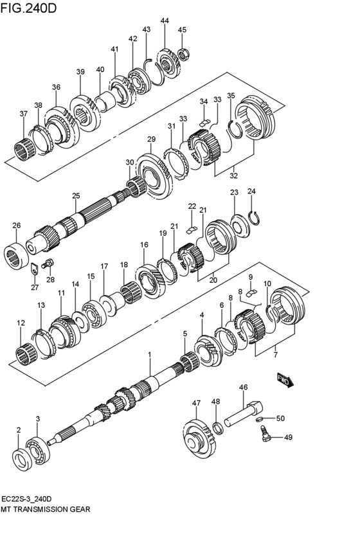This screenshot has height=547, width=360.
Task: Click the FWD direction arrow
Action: pos(285,380)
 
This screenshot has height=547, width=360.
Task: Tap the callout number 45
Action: pos(182,30)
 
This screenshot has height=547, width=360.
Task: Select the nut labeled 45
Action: pos(183,54)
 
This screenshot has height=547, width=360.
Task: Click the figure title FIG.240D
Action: pos(28,8)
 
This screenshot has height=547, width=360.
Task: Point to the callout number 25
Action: pos(76,196)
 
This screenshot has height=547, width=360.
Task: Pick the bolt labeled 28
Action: pos(48,264)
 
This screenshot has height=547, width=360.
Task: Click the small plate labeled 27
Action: pos(34,269)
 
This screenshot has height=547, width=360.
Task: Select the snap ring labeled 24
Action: pos(255,218)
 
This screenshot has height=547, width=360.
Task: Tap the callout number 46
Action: pos(244,387)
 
